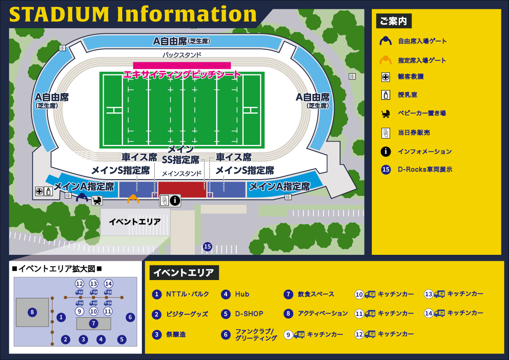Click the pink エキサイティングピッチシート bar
click(182, 65)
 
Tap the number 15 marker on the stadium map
click(207, 246)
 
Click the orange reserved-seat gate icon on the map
click(133, 199)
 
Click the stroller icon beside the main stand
click(97, 200)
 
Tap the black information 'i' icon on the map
click(174, 200)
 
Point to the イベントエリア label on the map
click(135, 221)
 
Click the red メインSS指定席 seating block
click(182, 189)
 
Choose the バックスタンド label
click(182, 55)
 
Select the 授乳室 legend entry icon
click(385, 95)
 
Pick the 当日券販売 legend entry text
click(414, 133)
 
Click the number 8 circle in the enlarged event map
click(32, 312)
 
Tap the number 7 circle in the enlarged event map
click(93, 323)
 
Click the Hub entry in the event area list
click(241, 294)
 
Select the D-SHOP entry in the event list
click(249, 314)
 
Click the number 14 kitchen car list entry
click(465, 313)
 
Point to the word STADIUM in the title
click(60, 15)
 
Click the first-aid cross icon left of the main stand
click(39, 191)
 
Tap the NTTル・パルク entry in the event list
click(187, 294)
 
